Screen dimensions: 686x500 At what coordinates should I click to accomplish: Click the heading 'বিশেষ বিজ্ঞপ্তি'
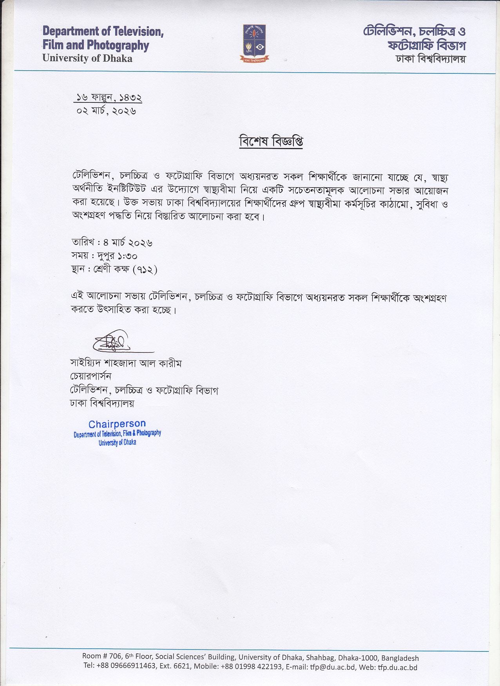coord(271,142)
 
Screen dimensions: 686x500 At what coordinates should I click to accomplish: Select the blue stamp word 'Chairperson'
coord(117,424)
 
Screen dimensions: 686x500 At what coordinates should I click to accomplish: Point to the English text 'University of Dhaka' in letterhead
coord(87,58)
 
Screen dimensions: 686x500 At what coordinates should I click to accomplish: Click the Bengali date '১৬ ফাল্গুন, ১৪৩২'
coord(109,97)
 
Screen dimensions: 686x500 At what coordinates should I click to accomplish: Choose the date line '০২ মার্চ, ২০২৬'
coord(107,111)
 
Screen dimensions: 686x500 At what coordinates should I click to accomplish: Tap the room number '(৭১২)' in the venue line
coord(145,270)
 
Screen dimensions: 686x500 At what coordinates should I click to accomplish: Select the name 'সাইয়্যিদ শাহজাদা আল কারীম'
coord(126,363)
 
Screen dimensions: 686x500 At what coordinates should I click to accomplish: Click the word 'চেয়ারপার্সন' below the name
coord(91,376)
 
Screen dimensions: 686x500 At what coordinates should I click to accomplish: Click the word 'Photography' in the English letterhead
coord(118,46)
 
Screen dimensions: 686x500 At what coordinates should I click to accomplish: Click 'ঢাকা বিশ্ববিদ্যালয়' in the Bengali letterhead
coord(431,59)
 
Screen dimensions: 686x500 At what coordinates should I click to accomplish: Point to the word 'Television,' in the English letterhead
coord(138,31)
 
